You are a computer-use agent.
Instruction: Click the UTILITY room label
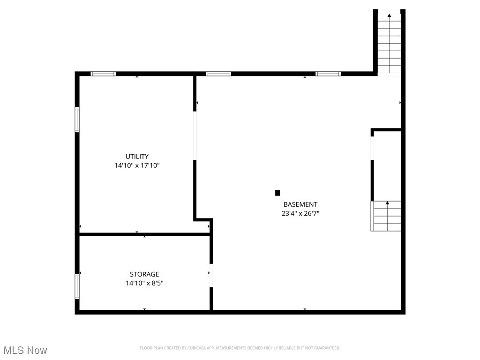pyautogui.click(x=137, y=157)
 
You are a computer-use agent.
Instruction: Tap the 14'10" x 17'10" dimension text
pyautogui.click(x=137, y=165)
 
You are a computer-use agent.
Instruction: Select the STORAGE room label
pyautogui.click(x=144, y=274)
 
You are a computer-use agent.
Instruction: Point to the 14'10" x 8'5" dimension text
pyautogui.click(x=144, y=283)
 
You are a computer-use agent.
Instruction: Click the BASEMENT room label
pyautogui.click(x=300, y=204)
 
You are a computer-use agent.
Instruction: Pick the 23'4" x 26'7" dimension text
pyautogui.click(x=300, y=213)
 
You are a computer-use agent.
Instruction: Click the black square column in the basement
pyautogui.click(x=277, y=193)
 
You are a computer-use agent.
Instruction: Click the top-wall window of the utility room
pyautogui.click(x=103, y=74)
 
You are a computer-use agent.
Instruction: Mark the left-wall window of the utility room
pyautogui.click(x=77, y=120)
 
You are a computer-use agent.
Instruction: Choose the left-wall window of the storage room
pyautogui.click(x=77, y=286)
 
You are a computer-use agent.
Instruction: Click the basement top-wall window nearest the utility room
pyautogui.click(x=218, y=74)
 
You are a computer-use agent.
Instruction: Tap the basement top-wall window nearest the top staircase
pyautogui.click(x=328, y=74)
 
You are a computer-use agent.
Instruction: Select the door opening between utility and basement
pyautogui.click(x=195, y=135)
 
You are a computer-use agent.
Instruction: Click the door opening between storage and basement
pyautogui.click(x=211, y=276)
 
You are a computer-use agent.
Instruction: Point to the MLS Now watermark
pyautogui.click(x=25, y=350)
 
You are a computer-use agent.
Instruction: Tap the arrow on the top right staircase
pyautogui.click(x=389, y=16)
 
